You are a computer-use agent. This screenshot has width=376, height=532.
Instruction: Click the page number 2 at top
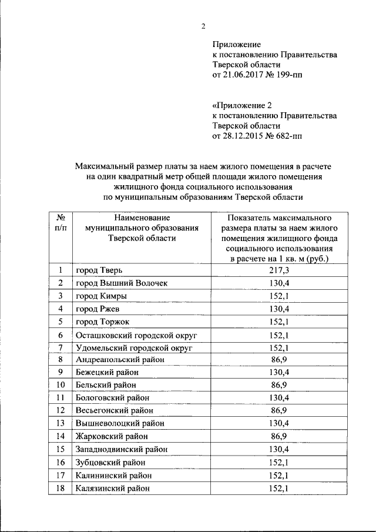pyautogui.click(x=203, y=26)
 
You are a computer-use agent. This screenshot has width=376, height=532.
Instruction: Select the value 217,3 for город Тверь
pyautogui.click(x=278, y=270)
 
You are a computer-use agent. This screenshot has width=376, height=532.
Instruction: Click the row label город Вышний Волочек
pyautogui.click(x=122, y=283)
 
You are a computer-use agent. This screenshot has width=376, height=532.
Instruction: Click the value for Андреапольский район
pyautogui.click(x=278, y=359)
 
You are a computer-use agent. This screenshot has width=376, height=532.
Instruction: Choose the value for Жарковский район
pyautogui.click(x=278, y=436)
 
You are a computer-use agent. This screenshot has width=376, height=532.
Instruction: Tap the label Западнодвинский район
pyautogui.click(x=122, y=449)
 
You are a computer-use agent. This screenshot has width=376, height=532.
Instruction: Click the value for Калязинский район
pyautogui.click(x=278, y=488)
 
